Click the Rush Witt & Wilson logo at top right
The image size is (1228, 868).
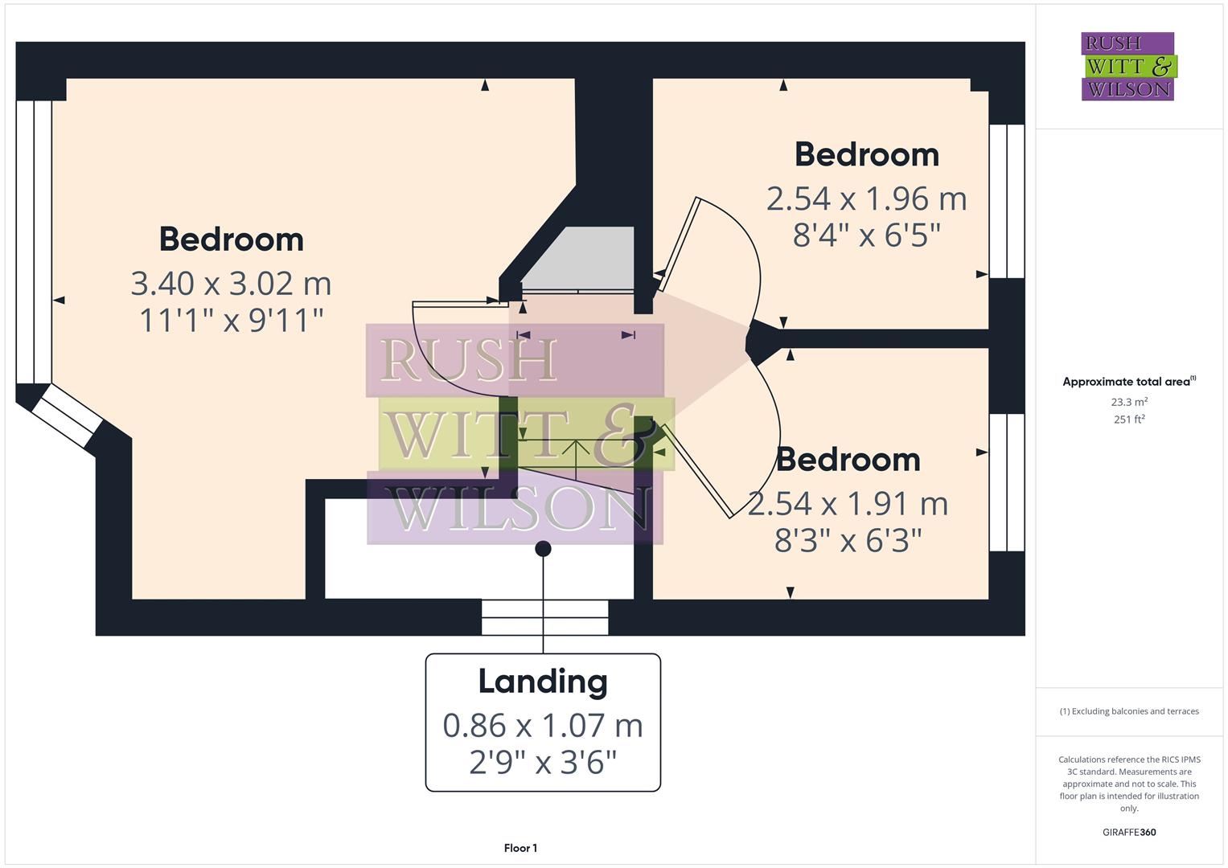coord(1127,66)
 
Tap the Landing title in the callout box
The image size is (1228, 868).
coord(543,682)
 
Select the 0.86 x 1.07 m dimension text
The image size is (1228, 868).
coord(543,726)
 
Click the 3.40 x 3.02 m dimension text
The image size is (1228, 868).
coord(231,284)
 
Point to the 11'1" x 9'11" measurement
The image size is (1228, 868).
coord(231,321)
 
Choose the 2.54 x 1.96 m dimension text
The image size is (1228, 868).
coord(866,199)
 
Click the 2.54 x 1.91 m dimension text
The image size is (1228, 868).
coord(848,504)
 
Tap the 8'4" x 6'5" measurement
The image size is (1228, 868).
coord(866,235)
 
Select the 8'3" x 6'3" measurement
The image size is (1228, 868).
coord(848,541)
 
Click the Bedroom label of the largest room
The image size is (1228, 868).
coord(231,240)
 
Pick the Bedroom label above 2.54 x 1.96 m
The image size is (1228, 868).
coord(866,154)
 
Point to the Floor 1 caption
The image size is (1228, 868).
coord(520,848)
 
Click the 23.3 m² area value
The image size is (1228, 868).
coord(1129,402)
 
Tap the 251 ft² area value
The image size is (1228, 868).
coord(1129,420)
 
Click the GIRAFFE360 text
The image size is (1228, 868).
coord(1129,832)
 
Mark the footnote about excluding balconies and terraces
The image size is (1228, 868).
coord(1129,711)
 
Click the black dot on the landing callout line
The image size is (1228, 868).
coord(543,549)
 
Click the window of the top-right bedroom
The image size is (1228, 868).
coord(1006,201)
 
